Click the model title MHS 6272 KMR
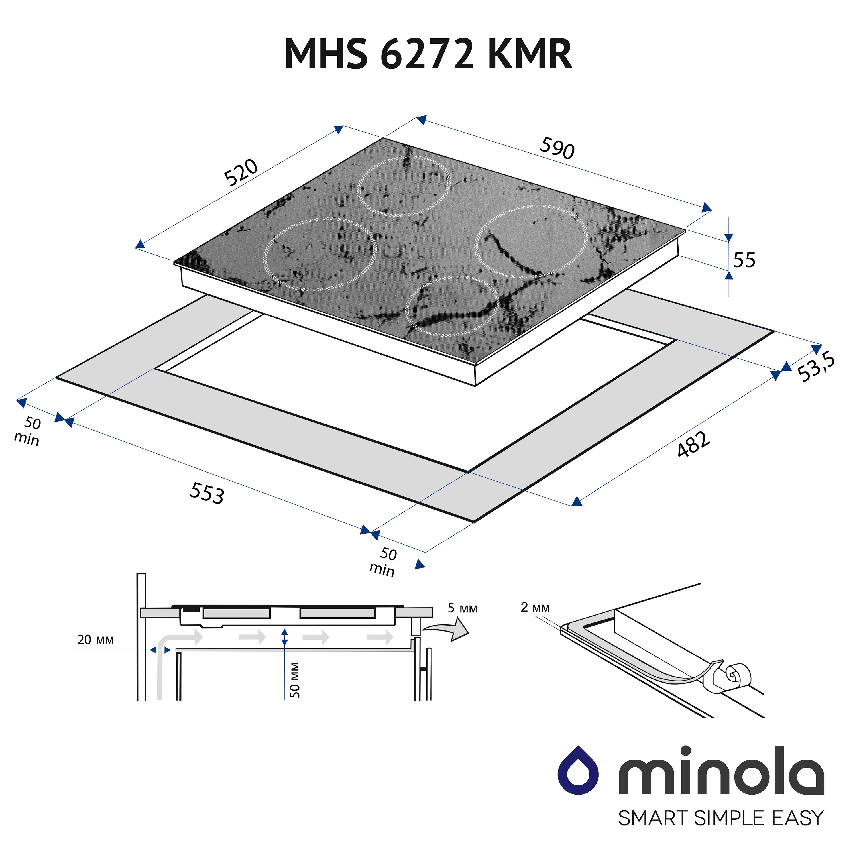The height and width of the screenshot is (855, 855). click(x=428, y=54)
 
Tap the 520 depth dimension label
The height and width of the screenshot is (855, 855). click(x=241, y=173)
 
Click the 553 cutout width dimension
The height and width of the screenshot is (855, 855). click(x=207, y=493)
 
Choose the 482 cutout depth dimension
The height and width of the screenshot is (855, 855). click(x=693, y=444)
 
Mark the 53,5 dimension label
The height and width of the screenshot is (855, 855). click(x=816, y=368)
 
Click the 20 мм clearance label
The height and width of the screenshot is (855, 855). click(x=95, y=640)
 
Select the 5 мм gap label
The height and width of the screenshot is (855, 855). click(x=463, y=608)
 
